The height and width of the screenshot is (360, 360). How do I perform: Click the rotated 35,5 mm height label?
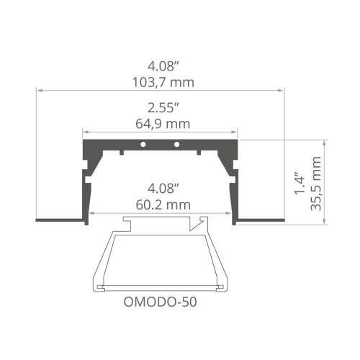[318, 184]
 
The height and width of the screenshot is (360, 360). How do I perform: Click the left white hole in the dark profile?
[143, 145]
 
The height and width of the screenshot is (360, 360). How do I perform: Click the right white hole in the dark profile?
[176, 145]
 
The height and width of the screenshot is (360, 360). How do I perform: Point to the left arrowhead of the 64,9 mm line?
[85, 132]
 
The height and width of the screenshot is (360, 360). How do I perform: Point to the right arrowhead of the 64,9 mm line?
[235, 132]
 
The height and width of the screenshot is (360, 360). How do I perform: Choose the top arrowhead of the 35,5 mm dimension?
[328, 142]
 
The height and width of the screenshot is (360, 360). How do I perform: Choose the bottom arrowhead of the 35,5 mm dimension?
[328, 222]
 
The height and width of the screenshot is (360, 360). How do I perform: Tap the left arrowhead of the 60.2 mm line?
[94, 213]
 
